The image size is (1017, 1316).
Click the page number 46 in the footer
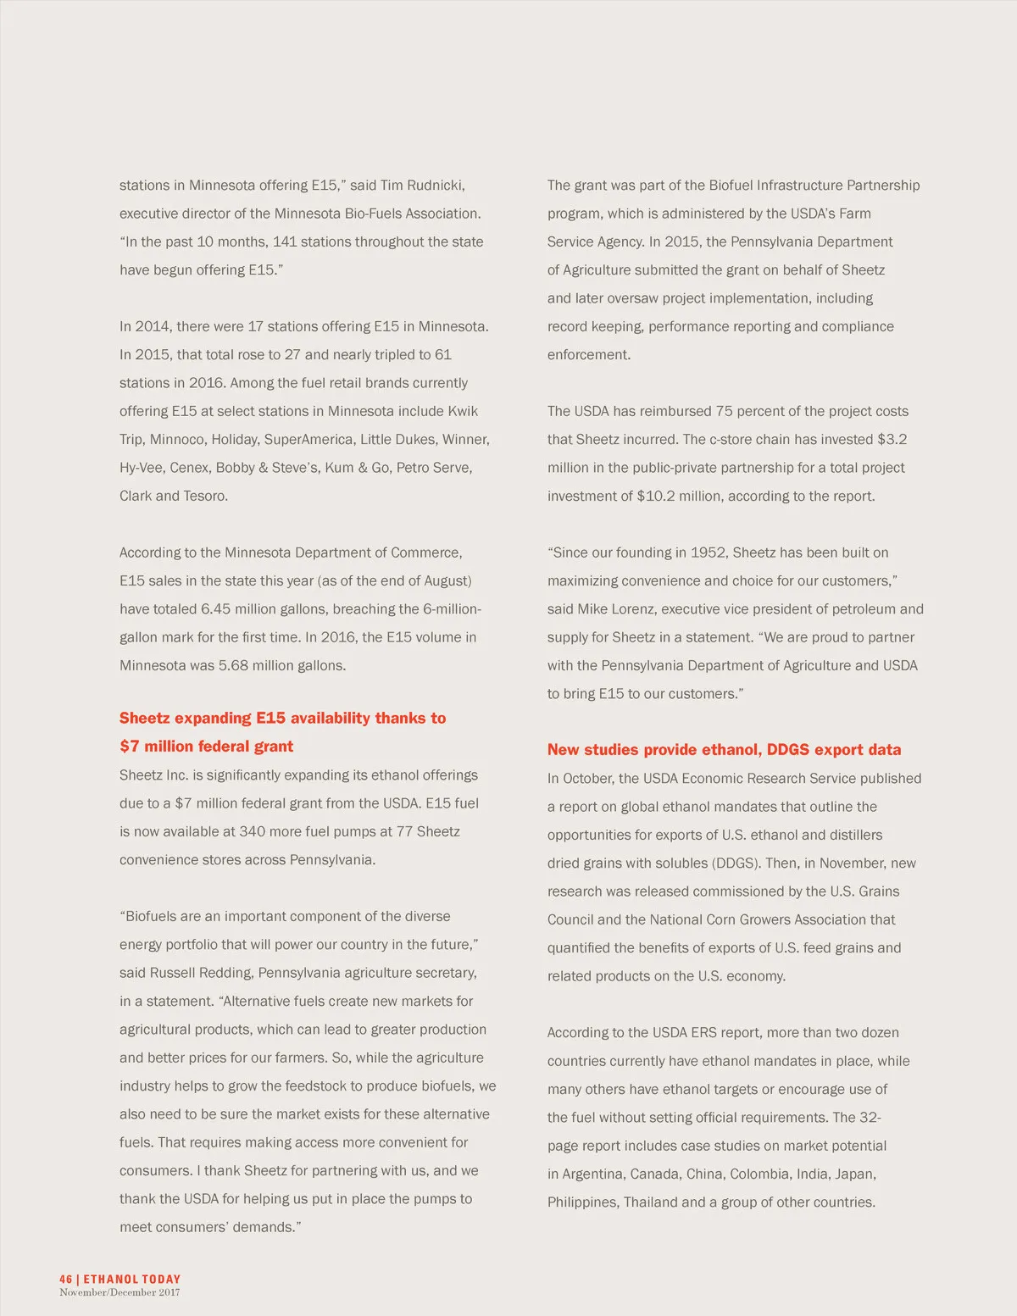(x=65, y=1279)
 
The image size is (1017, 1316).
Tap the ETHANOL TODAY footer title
(x=132, y=1279)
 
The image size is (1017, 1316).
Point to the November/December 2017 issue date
(x=119, y=1292)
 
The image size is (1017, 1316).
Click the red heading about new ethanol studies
(x=724, y=749)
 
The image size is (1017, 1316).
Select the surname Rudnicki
(x=435, y=185)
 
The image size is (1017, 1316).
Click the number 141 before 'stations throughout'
(x=285, y=242)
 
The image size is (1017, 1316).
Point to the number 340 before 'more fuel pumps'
(x=253, y=831)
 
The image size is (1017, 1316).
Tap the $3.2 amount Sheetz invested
(x=892, y=439)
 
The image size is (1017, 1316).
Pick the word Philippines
(x=582, y=1202)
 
